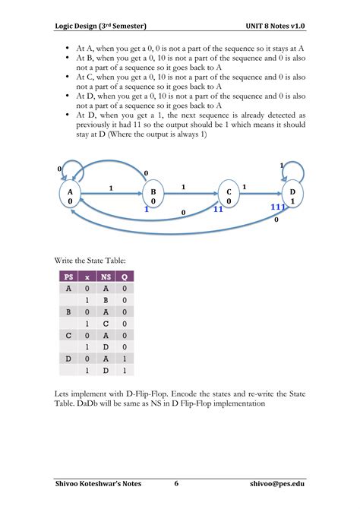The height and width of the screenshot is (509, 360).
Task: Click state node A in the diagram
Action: tap(71, 195)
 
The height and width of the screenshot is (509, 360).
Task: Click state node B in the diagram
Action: tap(153, 195)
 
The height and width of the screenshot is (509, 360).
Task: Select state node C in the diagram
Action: tap(228, 195)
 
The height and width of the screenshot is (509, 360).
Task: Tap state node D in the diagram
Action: tap(292, 195)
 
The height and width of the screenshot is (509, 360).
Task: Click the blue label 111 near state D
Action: tap(279, 207)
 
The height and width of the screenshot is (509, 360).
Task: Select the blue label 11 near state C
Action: tap(218, 208)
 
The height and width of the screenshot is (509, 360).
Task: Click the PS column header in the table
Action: tap(69, 277)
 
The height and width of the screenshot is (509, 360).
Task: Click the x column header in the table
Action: tap(87, 277)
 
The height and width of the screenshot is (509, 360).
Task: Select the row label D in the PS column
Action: tap(69, 357)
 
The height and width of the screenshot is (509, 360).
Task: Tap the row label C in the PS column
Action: tap(69, 334)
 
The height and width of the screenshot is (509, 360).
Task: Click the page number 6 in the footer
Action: tap(176, 483)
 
